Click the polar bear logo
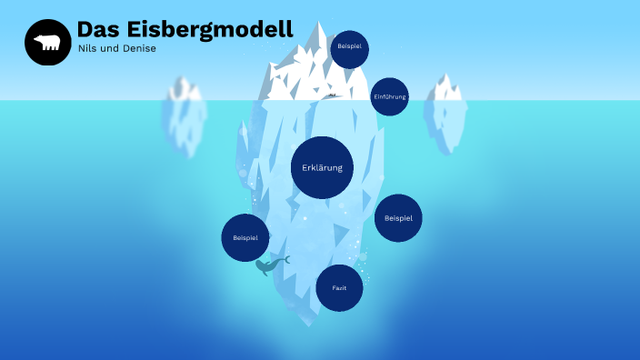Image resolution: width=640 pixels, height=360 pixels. click(x=47, y=43)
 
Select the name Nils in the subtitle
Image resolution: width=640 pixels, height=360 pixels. click(x=87, y=48)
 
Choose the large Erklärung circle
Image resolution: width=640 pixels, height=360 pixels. click(x=322, y=167)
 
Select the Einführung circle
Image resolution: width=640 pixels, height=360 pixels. click(x=389, y=96)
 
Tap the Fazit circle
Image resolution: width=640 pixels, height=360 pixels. click(x=339, y=288)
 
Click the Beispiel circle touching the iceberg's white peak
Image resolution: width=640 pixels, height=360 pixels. click(x=349, y=49)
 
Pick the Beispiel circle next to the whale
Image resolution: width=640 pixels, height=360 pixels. click(x=245, y=237)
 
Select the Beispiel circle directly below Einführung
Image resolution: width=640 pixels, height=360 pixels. click(x=398, y=218)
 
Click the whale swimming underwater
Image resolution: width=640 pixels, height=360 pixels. click(x=269, y=266)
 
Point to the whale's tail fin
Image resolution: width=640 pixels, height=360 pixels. click(x=285, y=260)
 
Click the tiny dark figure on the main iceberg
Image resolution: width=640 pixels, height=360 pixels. click(x=333, y=95)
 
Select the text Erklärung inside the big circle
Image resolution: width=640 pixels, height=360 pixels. click(x=322, y=167)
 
